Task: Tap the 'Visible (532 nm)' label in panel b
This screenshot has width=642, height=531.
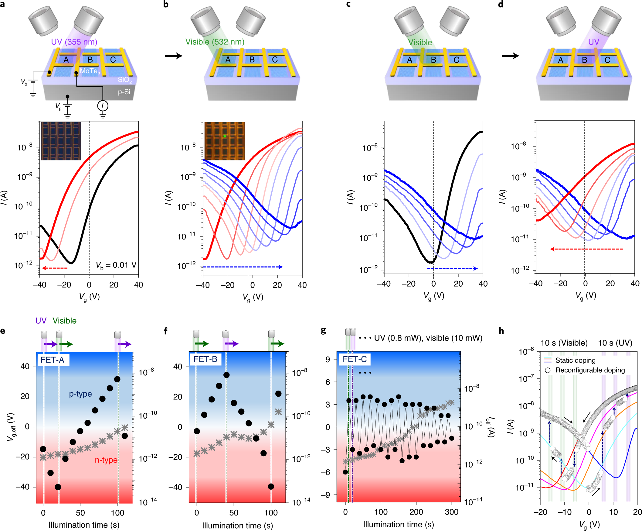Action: (x=215, y=42)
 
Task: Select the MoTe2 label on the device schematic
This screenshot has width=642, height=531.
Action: (x=90, y=71)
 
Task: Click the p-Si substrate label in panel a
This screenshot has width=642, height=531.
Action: (x=124, y=92)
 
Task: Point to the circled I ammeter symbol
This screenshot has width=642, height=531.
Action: (x=103, y=106)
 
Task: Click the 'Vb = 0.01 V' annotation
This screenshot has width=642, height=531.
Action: (x=116, y=265)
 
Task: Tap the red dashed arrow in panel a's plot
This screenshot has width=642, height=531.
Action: (x=54, y=268)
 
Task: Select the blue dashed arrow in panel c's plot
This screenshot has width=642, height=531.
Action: (x=452, y=269)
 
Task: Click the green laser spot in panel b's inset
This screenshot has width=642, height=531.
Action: (x=225, y=136)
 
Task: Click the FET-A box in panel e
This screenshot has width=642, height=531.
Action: (x=53, y=360)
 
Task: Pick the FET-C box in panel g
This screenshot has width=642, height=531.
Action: (x=354, y=359)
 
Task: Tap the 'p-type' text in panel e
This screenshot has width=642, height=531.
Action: (x=80, y=394)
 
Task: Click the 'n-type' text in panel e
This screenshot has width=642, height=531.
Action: (x=106, y=460)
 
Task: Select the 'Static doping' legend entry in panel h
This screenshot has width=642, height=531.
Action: (x=575, y=360)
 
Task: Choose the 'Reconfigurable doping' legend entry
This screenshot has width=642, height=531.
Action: (x=590, y=370)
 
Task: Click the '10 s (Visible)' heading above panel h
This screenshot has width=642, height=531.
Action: (x=564, y=343)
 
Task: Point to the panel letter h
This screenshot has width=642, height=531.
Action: (x=501, y=331)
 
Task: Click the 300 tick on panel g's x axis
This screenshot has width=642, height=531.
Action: (x=452, y=512)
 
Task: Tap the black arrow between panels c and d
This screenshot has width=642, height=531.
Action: (x=510, y=56)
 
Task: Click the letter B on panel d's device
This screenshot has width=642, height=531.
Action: (x=584, y=60)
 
